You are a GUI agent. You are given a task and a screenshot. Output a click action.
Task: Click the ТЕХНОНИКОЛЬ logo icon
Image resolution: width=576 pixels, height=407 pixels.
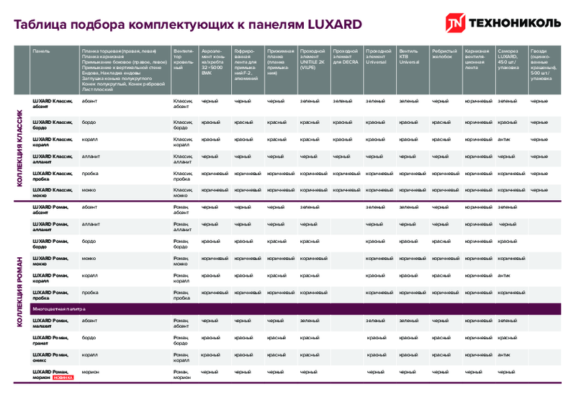(x=456, y=24)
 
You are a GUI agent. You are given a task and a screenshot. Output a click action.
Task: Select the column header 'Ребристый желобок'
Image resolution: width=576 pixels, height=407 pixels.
(x=444, y=54)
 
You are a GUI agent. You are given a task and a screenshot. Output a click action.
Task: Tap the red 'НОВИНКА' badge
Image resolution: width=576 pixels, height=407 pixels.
(x=63, y=377)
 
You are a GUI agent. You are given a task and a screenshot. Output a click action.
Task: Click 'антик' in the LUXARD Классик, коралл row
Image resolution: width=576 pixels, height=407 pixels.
(x=504, y=139)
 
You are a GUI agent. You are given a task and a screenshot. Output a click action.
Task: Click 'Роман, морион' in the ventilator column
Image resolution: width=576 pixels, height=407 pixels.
(x=182, y=375)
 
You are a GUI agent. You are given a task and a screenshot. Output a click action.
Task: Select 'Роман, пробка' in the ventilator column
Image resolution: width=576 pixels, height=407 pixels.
(x=182, y=295)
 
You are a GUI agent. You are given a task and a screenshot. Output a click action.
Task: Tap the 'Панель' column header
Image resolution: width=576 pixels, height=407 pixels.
(x=40, y=52)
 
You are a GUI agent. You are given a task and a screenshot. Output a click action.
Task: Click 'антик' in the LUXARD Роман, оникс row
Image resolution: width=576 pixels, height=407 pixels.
(x=504, y=354)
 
